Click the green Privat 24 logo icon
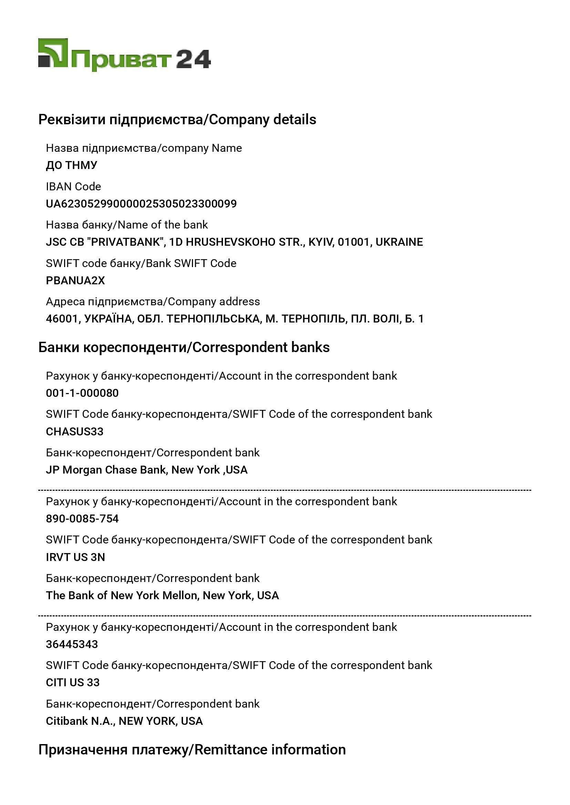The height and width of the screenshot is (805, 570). tap(53, 53)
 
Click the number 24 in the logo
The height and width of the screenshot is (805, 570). tap(193, 59)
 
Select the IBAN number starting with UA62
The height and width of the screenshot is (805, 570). tap(141, 204)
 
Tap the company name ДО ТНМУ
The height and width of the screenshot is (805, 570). tap(72, 165)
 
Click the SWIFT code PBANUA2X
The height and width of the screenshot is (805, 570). tap(75, 280)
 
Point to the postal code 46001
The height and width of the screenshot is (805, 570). tap(61, 319)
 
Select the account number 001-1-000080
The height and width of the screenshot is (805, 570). tap(82, 393)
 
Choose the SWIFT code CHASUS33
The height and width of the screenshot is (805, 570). tap(75, 432)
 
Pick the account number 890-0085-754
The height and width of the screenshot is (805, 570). tap(82, 519)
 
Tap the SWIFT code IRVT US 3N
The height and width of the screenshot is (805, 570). tap(75, 557)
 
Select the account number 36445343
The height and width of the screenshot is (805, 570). tap(72, 644)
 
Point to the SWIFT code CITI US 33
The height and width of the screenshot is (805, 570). tap(73, 682)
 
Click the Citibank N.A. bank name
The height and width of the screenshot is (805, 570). tap(80, 721)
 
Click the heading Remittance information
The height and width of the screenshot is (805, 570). tap(270, 750)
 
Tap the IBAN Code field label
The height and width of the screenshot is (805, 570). tap(73, 187)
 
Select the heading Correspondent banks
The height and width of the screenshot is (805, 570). tap(261, 347)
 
